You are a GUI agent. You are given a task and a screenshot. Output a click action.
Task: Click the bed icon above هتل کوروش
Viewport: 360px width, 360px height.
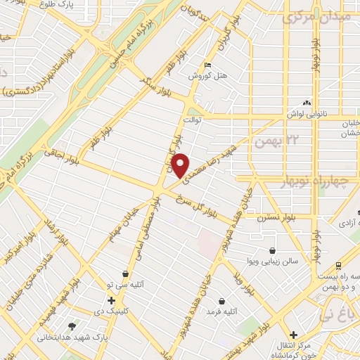pyautogui.click(x=207, y=65)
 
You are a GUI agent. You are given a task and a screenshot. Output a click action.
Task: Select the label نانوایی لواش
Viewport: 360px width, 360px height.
pyautogui.click(x=305, y=112)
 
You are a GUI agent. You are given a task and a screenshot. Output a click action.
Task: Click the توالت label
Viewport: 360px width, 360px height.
pyautogui.click(x=193, y=121)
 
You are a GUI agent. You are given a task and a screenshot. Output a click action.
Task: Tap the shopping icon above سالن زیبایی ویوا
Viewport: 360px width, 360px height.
pyautogui.click(x=272, y=250)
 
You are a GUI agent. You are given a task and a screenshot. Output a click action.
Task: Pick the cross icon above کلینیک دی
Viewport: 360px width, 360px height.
pyautogui.click(x=111, y=301)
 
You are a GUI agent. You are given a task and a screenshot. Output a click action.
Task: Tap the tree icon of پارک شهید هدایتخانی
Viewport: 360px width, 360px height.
pyautogui.click(x=72, y=326)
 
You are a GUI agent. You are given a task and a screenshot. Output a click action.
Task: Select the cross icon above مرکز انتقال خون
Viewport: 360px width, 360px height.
pyautogui.click(x=294, y=335)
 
